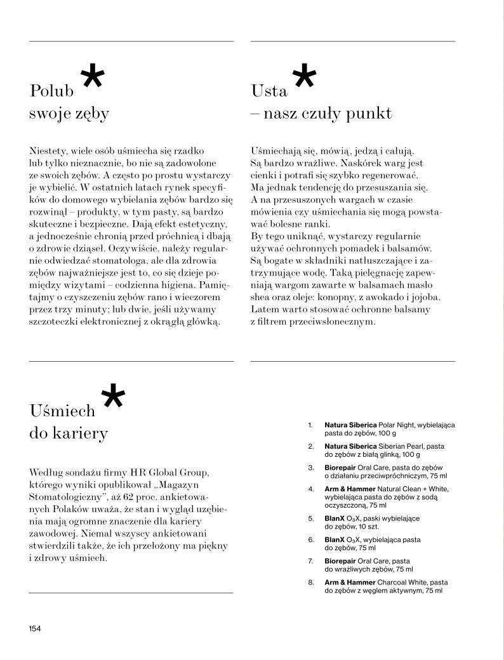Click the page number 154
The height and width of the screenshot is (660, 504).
tap(34, 628)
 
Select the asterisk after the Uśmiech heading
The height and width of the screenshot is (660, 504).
tap(113, 398)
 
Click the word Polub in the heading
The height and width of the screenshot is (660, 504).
tap(52, 91)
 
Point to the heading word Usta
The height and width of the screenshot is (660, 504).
tap(269, 91)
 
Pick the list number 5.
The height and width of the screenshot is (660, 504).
tap(311, 518)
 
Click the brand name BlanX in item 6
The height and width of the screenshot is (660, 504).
tap(336, 539)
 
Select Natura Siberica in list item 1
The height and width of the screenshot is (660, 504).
tap(350, 424)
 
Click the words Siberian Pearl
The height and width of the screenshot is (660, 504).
tap(402, 446)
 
